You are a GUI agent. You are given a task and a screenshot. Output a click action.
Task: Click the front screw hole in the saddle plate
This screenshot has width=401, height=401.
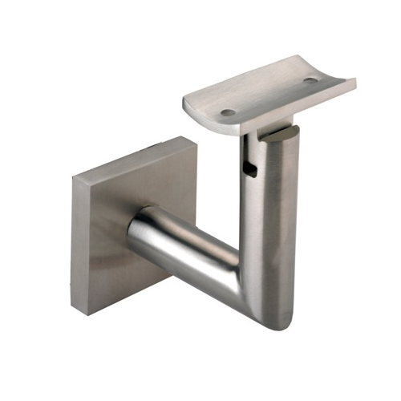229,112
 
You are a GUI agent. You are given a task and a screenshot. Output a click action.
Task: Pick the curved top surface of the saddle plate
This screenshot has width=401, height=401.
265,92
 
